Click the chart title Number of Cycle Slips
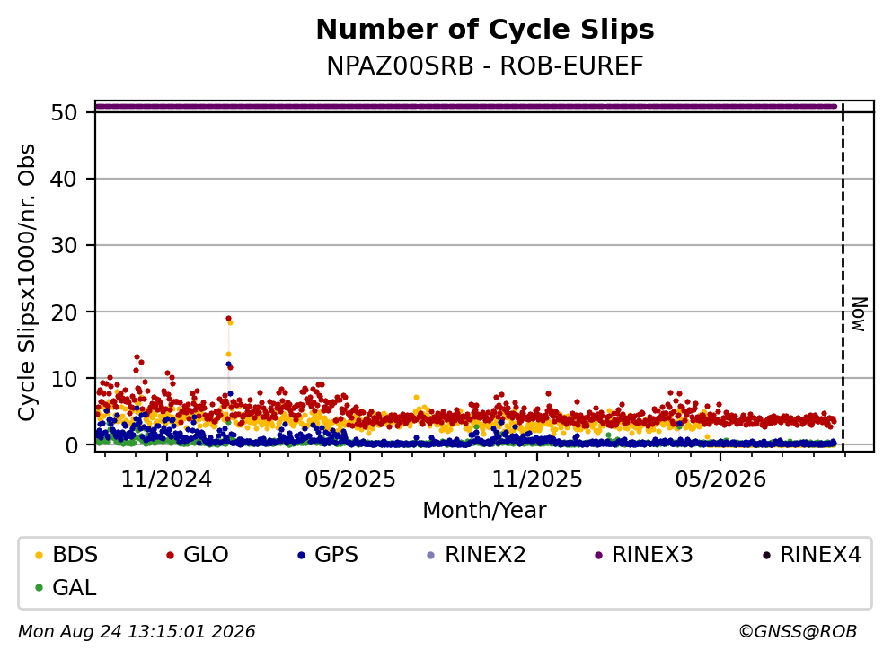click(x=485, y=30)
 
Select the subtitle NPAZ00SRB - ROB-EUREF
click(x=485, y=66)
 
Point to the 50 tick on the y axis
click(x=64, y=112)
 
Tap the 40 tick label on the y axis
click(x=64, y=179)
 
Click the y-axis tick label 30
click(x=64, y=246)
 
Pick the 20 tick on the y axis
click(x=64, y=312)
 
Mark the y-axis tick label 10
click(x=64, y=379)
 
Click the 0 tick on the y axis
click(x=71, y=445)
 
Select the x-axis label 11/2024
click(x=166, y=479)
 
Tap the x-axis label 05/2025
click(x=349, y=479)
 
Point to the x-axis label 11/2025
click(x=537, y=479)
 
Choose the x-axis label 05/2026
click(x=720, y=479)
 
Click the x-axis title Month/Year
click(x=484, y=511)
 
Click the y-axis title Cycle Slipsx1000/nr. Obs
click(x=27, y=282)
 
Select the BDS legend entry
click(x=66, y=554)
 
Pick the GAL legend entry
click(x=66, y=587)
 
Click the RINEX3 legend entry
click(x=644, y=554)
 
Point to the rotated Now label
click(x=859, y=314)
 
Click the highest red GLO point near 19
click(x=228, y=319)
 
